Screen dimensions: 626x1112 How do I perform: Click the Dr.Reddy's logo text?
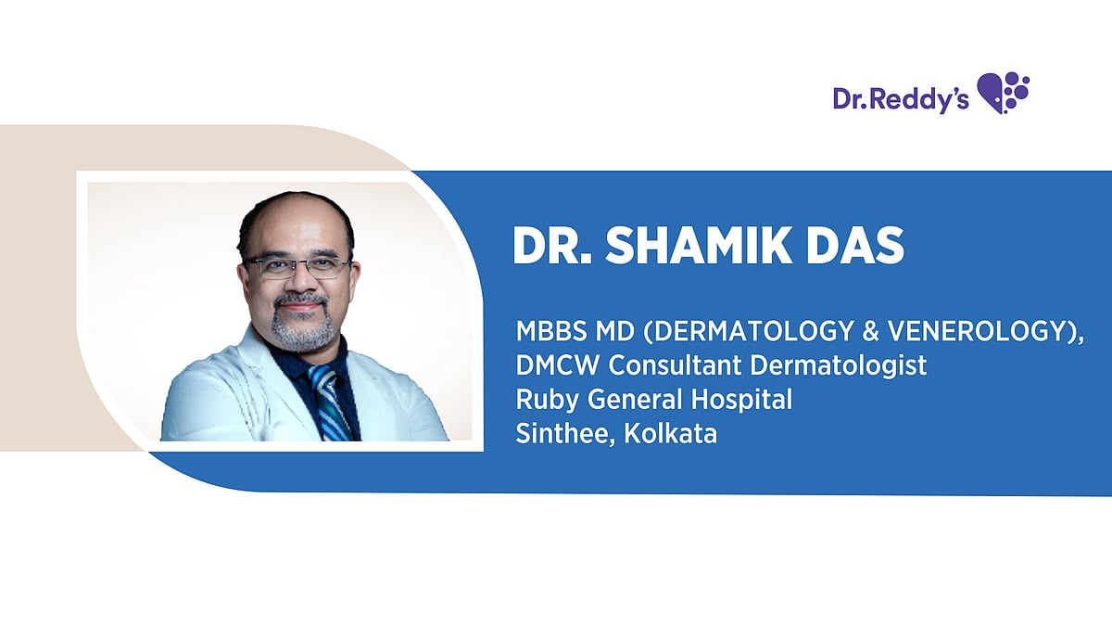(900, 98)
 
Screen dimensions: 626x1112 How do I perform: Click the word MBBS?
(543, 331)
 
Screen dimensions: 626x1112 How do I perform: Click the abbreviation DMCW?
(547, 365)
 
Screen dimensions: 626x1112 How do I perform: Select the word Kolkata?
(671, 434)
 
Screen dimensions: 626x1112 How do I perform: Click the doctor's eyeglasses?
(297, 268)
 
